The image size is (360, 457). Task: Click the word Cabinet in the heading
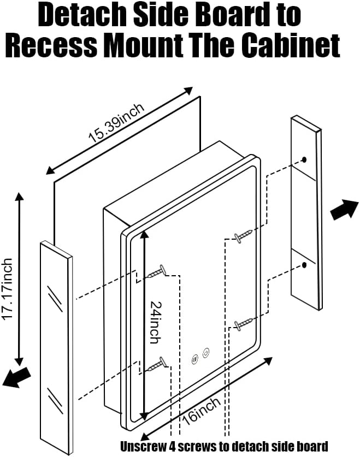(289, 46)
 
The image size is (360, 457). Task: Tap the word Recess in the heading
(51, 46)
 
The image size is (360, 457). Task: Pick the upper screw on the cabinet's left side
(156, 271)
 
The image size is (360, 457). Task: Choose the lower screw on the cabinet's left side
(156, 363)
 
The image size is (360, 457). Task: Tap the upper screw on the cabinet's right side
(243, 235)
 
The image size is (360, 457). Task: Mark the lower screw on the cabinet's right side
(243, 324)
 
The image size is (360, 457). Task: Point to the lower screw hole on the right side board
(304, 266)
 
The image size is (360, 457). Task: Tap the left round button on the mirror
(195, 360)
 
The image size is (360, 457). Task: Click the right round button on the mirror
(206, 353)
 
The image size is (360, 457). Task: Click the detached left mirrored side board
(56, 349)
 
